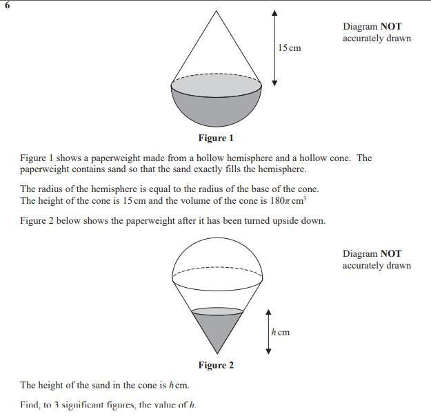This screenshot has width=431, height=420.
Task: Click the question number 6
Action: point(7,6)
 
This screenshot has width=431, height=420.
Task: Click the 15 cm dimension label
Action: point(290,48)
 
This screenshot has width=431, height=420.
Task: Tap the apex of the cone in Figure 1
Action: point(217,11)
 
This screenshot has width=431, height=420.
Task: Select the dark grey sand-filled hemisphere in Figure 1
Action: point(217,110)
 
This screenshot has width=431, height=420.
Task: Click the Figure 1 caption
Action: point(216,138)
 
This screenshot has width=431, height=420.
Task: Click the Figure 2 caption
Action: point(216,365)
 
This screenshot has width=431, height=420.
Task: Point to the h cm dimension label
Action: point(281,333)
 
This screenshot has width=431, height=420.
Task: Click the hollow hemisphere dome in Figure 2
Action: point(217,251)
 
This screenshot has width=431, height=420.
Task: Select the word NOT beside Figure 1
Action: point(391,27)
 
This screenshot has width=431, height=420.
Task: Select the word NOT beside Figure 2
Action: point(391,254)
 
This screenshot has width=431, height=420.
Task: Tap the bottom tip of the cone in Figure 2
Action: point(217,355)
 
